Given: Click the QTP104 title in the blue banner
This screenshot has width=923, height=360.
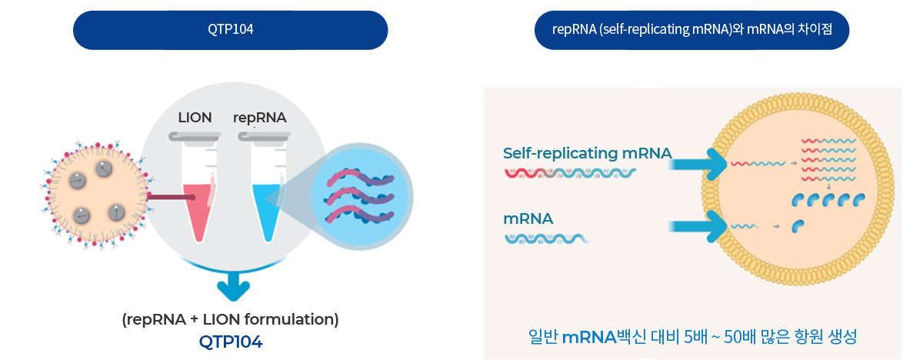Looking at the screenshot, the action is click(x=230, y=30).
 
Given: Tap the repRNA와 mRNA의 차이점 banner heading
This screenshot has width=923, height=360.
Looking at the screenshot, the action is click(x=691, y=30).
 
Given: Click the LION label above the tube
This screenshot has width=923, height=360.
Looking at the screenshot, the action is click(x=195, y=118).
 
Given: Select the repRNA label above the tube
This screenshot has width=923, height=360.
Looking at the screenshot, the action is click(x=260, y=118).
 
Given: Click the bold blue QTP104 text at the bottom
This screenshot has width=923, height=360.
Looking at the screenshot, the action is click(x=230, y=342).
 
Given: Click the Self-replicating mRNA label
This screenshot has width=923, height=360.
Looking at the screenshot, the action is click(x=587, y=153).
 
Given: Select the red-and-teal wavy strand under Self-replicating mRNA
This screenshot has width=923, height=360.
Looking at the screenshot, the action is click(x=570, y=173).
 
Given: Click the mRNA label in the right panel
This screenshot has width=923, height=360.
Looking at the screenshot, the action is click(x=528, y=218).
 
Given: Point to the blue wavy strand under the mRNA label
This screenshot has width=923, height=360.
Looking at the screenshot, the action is click(x=546, y=239).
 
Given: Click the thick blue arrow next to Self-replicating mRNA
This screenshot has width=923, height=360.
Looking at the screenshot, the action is click(x=697, y=165).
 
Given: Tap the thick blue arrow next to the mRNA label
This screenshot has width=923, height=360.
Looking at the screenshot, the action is click(x=697, y=226).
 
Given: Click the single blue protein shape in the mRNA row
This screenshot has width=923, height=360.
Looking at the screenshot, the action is click(x=798, y=226).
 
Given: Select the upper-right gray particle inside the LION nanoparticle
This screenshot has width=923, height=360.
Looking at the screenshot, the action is click(x=104, y=169).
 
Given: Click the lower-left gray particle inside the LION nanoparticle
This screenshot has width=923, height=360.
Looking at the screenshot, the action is click(x=82, y=215).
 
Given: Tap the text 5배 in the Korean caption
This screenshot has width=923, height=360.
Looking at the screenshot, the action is click(x=695, y=337).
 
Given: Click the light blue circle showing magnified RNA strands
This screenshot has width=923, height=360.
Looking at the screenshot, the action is click(x=360, y=196).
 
